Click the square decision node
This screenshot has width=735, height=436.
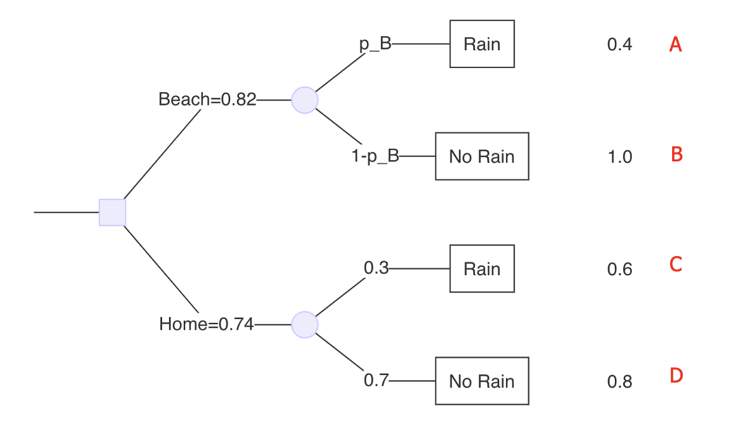pyautogui.click(x=113, y=212)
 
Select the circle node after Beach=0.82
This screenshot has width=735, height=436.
pyautogui.click(x=305, y=100)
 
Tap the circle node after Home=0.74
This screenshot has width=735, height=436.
pyautogui.click(x=305, y=324)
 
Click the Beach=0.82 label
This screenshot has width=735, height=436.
pyautogui.click(x=207, y=100)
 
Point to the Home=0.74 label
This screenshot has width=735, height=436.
pyautogui.click(x=207, y=324)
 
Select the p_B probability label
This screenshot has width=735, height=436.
pyautogui.click(x=376, y=44)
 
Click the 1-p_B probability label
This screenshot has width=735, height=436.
pyautogui.click(x=375, y=156)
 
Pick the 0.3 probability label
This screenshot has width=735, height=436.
pyautogui.click(x=376, y=268)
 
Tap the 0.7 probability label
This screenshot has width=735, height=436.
pyautogui.click(x=376, y=381)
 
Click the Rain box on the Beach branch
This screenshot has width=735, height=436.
pyautogui.click(x=482, y=44)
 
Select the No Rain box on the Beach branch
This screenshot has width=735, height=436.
pyautogui.click(x=482, y=156)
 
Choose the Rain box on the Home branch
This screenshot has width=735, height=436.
pyautogui.click(x=482, y=269)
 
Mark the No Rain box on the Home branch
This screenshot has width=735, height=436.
pyautogui.click(x=482, y=381)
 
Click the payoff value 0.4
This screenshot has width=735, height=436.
pyautogui.click(x=620, y=45)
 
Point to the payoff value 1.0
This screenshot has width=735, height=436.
pyautogui.click(x=620, y=157)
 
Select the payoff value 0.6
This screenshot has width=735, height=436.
pyautogui.click(x=620, y=269)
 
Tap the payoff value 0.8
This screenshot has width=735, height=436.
pyautogui.click(x=620, y=382)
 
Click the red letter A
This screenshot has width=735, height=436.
pyautogui.click(x=676, y=44)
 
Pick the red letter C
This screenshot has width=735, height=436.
pyautogui.click(x=676, y=264)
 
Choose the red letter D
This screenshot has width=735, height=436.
pyautogui.click(x=676, y=376)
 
